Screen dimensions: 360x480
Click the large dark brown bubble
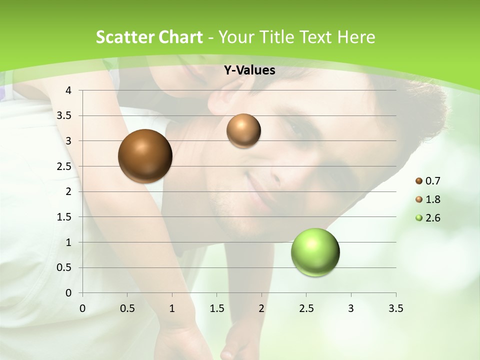point(145,156)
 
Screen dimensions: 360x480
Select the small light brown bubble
point(243,130)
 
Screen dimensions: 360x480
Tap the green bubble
point(315,252)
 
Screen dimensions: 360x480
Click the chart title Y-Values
point(249,70)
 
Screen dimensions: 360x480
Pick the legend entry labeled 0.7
point(428,181)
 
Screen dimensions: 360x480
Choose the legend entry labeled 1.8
point(428,199)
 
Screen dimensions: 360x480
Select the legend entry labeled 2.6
point(428,218)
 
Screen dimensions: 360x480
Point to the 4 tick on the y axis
point(68,90)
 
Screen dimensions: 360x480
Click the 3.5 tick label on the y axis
point(64,116)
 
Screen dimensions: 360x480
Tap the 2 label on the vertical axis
point(68,191)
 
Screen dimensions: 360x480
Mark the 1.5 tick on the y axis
point(64,217)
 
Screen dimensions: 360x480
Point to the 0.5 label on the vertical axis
point(64,267)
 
